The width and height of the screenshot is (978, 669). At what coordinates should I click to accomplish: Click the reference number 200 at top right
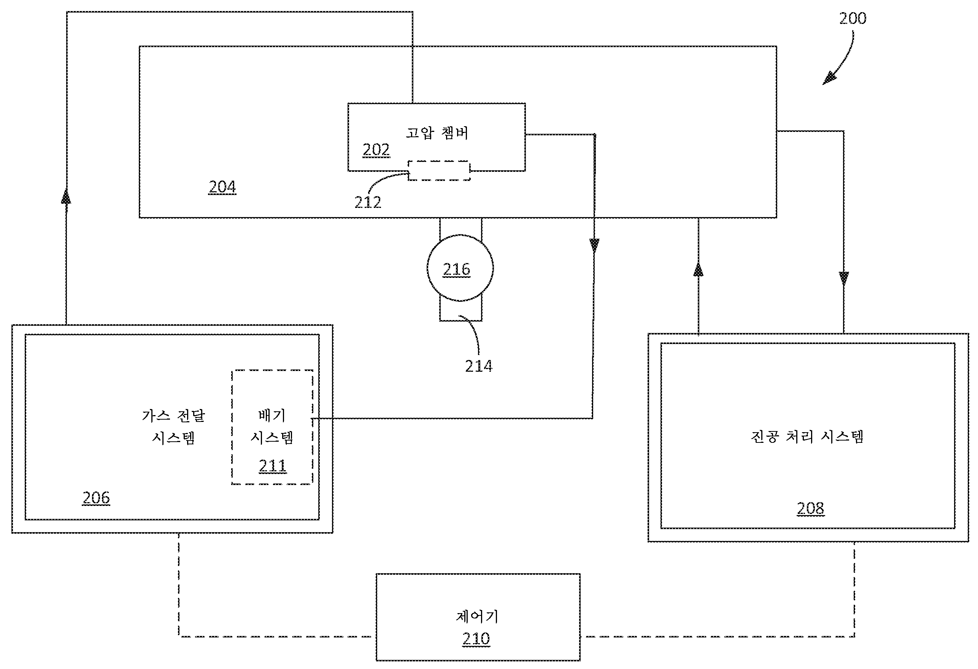[853, 19]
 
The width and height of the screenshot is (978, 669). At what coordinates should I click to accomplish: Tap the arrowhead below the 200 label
[829, 79]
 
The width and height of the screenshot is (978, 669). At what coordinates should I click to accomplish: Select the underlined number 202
[376, 150]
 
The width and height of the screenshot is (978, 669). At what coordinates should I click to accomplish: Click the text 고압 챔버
[437, 133]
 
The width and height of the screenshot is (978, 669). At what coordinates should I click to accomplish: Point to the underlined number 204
[222, 187]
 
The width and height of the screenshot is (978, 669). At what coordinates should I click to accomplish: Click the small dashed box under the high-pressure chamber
[439, 170]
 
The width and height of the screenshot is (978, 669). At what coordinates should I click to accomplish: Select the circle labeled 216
[460, 268]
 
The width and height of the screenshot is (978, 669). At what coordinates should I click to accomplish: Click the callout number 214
[478, 366]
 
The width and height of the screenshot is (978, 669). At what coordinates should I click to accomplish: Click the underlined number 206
[96, 498]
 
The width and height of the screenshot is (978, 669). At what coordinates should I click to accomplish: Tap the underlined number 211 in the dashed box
[272, 466]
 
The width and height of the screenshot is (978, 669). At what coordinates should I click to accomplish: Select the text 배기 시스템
[272, 426]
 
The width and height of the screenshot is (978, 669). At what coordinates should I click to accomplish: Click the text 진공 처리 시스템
[807, 437]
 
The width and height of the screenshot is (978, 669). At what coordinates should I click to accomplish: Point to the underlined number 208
[810, 509]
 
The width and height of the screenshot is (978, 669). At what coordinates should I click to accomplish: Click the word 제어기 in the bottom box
[477, 617]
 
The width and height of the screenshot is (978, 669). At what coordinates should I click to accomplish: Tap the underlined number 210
[476, 639]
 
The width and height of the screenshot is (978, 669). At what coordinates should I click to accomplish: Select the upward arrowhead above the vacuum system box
[698, 270]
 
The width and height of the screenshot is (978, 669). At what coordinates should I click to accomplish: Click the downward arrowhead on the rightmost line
[843, 279]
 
